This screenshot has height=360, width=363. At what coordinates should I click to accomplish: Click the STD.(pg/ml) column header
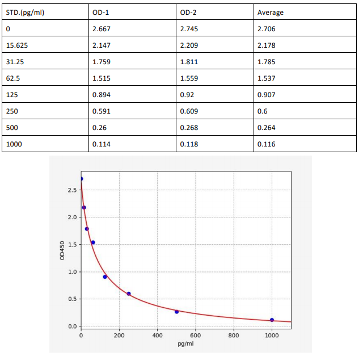click(x=26, y=12)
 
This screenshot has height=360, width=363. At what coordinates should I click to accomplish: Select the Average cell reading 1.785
click(x=267, y=61)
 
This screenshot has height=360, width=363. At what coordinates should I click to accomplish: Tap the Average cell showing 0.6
click(x=262, y=111)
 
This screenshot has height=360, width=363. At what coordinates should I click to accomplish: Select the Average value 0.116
click(x=267, y=144)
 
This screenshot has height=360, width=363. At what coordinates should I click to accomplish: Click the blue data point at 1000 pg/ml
click(x=272, y=320)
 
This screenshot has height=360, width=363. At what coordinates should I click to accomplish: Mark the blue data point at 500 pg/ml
click(x=177, y=312)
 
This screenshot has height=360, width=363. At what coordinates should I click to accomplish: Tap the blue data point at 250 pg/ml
click(x=129, y=294)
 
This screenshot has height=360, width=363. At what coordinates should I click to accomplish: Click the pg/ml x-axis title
click(x=186, y=344)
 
